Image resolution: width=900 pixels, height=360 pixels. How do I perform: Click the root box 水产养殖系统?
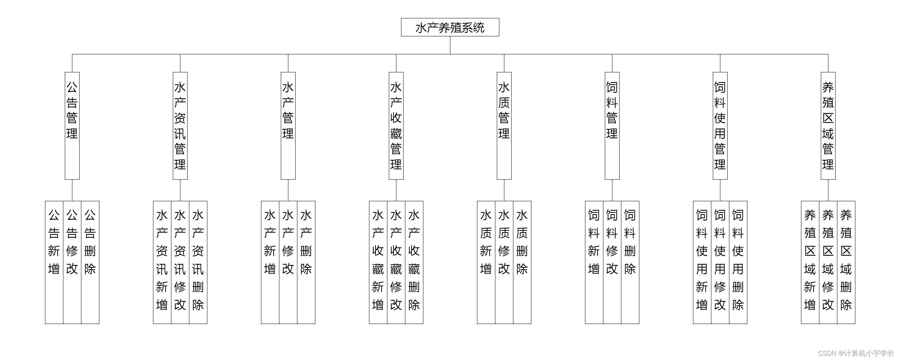click(450, 27)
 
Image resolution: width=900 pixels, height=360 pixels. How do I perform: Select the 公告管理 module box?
click(72, 125)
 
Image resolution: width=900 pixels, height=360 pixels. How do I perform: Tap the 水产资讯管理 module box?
click(180, 125)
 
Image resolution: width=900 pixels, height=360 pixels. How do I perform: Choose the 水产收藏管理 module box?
click(396, 125)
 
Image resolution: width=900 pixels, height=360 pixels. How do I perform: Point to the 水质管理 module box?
click(504, 125)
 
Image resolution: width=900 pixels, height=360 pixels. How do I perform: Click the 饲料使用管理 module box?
click(720, 125)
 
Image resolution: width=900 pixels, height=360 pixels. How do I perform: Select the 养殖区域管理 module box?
click(828, 125)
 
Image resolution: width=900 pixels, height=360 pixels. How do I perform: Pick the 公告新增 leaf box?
click(54, 262)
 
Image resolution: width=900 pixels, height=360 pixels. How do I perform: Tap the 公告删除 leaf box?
click(90, 262)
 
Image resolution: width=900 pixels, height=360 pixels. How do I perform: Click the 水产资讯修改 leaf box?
click(180, 262)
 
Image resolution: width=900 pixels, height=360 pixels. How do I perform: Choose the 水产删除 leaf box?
click(306, 262)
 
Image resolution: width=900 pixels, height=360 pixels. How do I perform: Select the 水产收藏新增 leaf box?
click(378, 262)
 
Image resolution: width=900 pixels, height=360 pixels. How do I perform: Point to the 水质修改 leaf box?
click(504, 262)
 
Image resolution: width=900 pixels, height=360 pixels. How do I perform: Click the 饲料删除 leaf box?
click(630, 262)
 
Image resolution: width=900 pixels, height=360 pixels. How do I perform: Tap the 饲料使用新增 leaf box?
click(702, 262)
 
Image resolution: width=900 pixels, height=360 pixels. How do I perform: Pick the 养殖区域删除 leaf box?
click(846, 262)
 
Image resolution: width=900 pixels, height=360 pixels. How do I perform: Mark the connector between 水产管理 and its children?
click(288, 190)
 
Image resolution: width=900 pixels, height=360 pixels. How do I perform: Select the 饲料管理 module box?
click(612, 125)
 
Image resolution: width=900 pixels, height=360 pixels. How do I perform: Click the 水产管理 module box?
click(288, 125)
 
